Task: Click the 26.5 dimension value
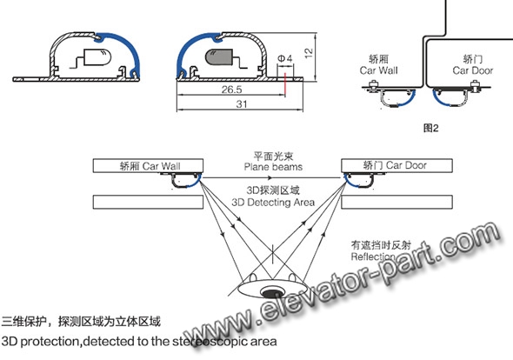click(231, 89)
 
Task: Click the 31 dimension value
click(242, 104)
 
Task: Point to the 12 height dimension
click(309, 53)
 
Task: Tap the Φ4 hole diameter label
click(284, 58)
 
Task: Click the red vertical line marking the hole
click(285, 84)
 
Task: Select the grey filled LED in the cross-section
click(218, 57)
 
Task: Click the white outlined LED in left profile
click(97, 57)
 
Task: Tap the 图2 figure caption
click(430, 128)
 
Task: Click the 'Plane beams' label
click(273, 167)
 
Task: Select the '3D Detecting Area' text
click(273, 203)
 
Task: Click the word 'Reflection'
click(373, 257)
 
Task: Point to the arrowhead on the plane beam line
click(270, 177)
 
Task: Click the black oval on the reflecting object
click(271, 293)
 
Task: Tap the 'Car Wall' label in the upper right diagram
click(378, 70)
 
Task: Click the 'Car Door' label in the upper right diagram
click(473, 70)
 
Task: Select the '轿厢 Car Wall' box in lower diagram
click(148, 165)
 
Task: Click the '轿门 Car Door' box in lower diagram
click(396, 165)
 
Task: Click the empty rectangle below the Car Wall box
click(148, 202)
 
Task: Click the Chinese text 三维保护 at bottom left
click(23, 322)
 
